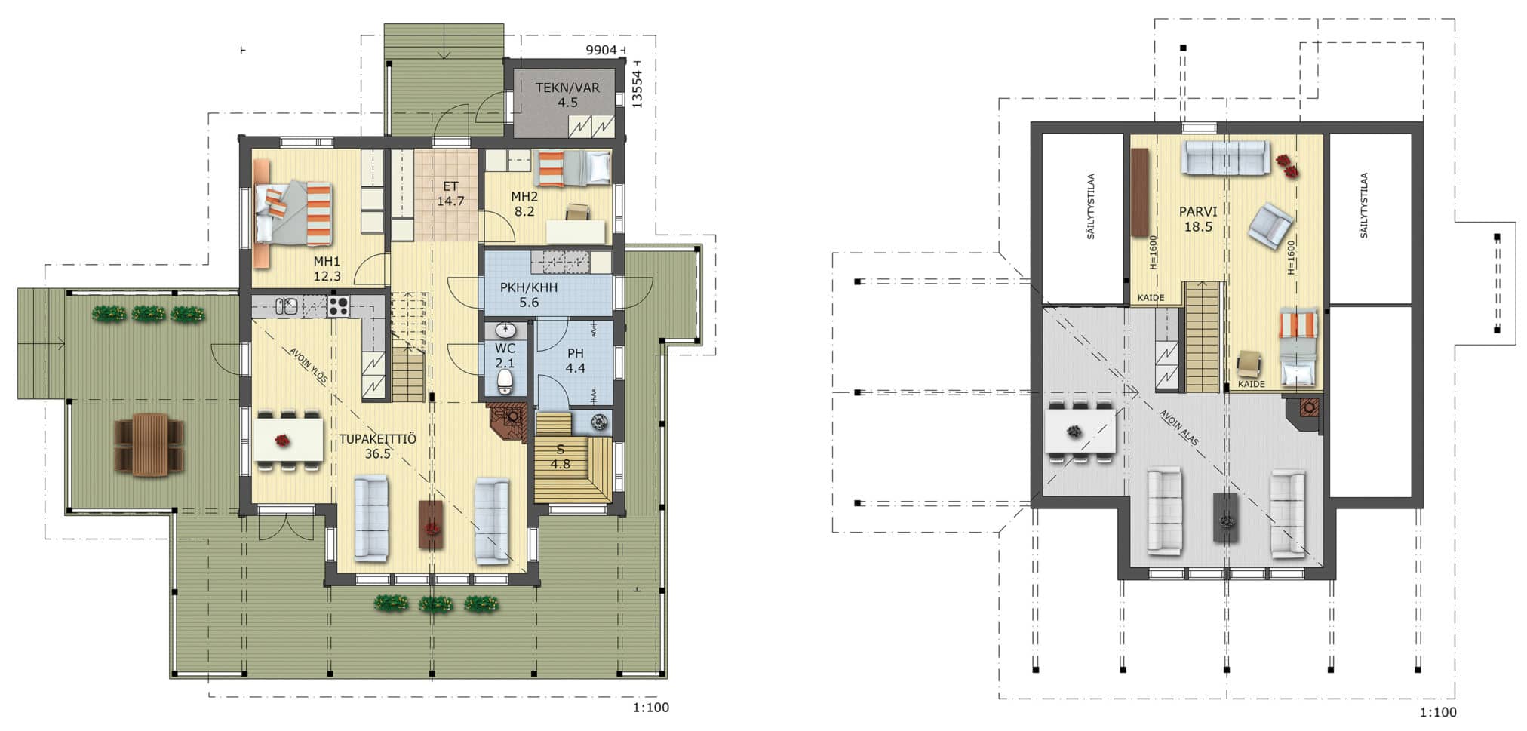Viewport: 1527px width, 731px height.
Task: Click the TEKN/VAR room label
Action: (567, 88)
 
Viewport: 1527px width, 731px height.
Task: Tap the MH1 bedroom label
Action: (327, 261)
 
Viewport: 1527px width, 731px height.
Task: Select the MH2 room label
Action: (524, 197)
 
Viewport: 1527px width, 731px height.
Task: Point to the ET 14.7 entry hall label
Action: (450, 194)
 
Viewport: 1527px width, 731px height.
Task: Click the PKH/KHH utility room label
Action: (529, 287)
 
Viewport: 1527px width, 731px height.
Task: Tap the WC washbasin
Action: (505, 330)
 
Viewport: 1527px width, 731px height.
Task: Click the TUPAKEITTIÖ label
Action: (377, 439)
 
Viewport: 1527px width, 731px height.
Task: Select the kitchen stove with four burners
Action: (337, 306)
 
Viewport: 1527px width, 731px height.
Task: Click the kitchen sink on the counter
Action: (287, 306)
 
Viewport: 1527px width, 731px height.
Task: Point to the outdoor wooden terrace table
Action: (149, 444)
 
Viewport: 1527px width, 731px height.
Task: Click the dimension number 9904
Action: (601, 51)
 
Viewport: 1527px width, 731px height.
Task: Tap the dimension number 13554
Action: (638, 89)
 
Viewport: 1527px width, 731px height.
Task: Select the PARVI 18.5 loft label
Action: (1198, 219)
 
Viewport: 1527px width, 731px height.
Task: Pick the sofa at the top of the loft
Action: (1224, 158)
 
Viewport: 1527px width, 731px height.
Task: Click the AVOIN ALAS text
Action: (1179, 428)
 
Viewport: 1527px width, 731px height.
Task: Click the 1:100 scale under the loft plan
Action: (1438, 712)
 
